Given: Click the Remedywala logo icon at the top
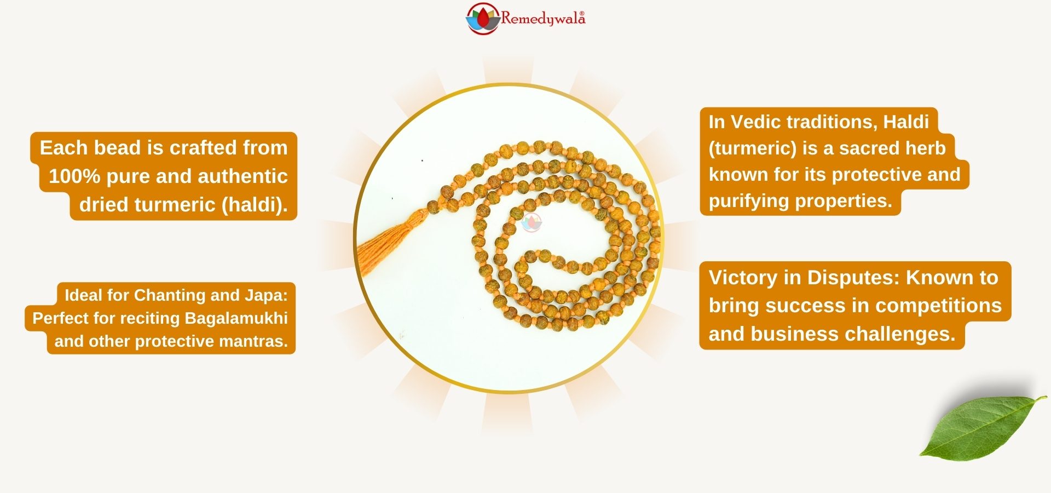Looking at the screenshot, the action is point(482,19).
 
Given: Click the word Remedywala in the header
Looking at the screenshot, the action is point(543,19).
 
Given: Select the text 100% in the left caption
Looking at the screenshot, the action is point(74,176).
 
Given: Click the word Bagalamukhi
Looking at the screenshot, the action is point(236,318).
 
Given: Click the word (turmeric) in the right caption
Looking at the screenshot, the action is point(753,148).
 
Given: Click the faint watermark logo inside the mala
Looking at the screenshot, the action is point(532,222).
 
